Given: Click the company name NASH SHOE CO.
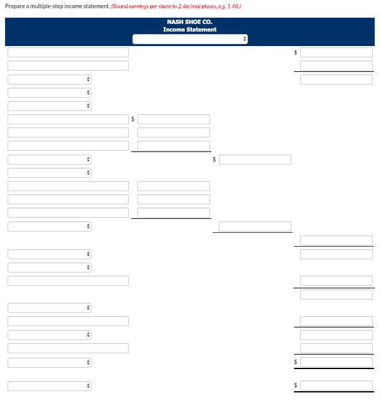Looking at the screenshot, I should point(189,22).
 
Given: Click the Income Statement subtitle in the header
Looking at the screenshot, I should point(189,30).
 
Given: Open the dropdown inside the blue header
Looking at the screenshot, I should point(190,39).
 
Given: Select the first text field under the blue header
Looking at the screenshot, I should point(68,52).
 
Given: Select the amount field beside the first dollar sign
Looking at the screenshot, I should point(336,52).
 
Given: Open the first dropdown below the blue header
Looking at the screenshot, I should point(50,79).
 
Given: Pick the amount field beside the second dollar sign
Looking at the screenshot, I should point(174,119).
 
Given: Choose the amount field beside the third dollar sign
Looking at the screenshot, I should point(255,160).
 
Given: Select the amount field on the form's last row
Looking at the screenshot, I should point(336,385).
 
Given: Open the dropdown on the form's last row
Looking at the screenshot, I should point(50,385).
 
